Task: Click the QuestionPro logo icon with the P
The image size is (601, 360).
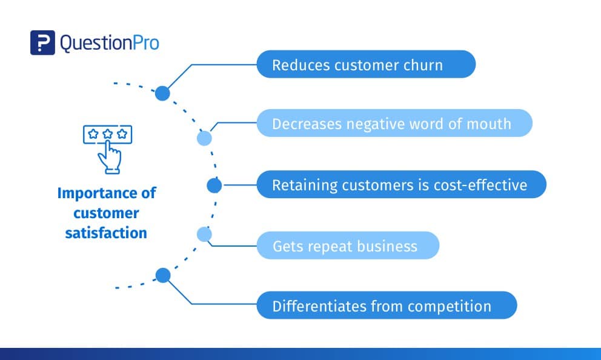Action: tap(42, 43)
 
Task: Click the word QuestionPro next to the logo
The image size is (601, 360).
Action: tap(110, 43)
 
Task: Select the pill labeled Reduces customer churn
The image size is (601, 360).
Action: tap(366, 64)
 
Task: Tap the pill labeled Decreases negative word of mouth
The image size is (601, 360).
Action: tap(394, 124)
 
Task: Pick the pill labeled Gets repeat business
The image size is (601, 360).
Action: tap(347, 245)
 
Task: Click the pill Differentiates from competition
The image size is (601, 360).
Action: tap(387, 305)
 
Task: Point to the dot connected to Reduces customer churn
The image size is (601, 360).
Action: tap(162, 93)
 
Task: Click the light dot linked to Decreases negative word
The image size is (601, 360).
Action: tap(205, 138)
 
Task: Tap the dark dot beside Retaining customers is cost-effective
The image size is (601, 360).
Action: tap(214, 185)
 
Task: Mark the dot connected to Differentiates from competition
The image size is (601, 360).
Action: tap(162, 276)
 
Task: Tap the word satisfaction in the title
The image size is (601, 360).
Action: tap(106, 232)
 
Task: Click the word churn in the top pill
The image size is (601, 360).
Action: tap(424, 65)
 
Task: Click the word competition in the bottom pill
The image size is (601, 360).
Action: tap(450, 306)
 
